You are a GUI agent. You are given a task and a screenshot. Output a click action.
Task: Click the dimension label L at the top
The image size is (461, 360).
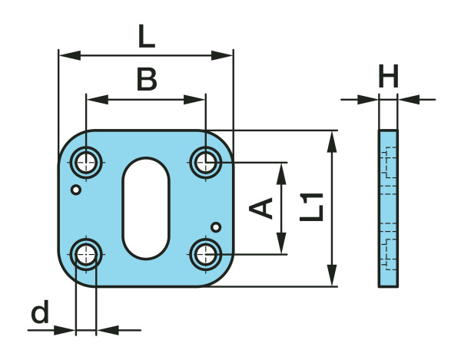click(146, 35)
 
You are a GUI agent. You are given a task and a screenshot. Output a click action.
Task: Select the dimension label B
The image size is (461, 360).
click(147, 80)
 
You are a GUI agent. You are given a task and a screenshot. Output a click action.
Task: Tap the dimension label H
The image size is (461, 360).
click(389, 77)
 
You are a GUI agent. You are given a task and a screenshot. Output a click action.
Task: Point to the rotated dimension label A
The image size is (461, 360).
click(264, 207)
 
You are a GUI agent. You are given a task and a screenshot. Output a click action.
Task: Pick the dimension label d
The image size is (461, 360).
click(40, 313)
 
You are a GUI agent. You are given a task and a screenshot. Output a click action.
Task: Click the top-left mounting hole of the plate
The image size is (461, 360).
click(86, 161)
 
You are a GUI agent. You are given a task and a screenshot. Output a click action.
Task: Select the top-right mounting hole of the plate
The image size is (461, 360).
click(206, 161)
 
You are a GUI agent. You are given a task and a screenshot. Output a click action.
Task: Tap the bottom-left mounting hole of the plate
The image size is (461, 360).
click(86, 253)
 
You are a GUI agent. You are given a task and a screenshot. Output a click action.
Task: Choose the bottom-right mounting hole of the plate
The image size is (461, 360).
click(206, 253)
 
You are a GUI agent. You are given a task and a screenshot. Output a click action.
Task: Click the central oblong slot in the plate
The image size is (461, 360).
click(146, 207)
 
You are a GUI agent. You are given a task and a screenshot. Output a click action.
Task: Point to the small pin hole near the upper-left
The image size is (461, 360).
click(75, 189)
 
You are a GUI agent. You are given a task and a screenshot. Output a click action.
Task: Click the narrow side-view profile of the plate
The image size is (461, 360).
click(389, 208)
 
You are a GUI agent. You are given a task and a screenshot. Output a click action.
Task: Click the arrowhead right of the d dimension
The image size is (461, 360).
click(106, 331)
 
